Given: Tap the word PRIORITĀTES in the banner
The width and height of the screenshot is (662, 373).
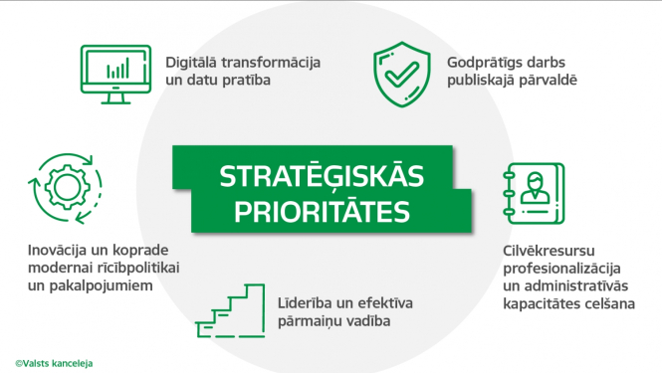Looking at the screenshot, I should pos(316,211).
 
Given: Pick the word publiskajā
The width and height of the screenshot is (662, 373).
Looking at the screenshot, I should pos(483,79).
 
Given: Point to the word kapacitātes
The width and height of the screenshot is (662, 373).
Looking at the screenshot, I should pos(541,303).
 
